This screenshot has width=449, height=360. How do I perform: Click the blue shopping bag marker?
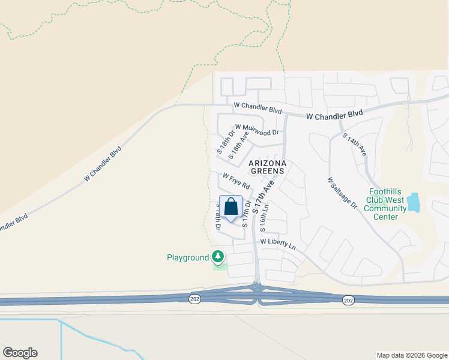(x=231, y=208)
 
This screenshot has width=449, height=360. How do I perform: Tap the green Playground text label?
(x=187, y=258)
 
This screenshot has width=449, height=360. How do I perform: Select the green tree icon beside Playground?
(x=218, y=257)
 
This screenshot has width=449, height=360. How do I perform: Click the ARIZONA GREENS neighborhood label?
(x=268, y=167)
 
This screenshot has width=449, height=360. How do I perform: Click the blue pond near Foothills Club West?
(x=414, y=203)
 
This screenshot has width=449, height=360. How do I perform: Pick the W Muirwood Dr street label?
(x=257, y=129)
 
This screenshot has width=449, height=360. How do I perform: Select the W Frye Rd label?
(x=235, y=179)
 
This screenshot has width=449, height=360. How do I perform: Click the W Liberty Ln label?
(x=278, y=244)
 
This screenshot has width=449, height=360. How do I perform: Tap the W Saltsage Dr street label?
(x=342, y=192)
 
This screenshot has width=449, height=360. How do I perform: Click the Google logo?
(x=20, y=353)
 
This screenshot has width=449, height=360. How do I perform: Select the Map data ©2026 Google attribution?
(x=412, y=355)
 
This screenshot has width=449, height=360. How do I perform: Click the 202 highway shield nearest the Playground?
(x=194, y=299)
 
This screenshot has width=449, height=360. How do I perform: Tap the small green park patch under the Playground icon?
(x=220, y=266)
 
